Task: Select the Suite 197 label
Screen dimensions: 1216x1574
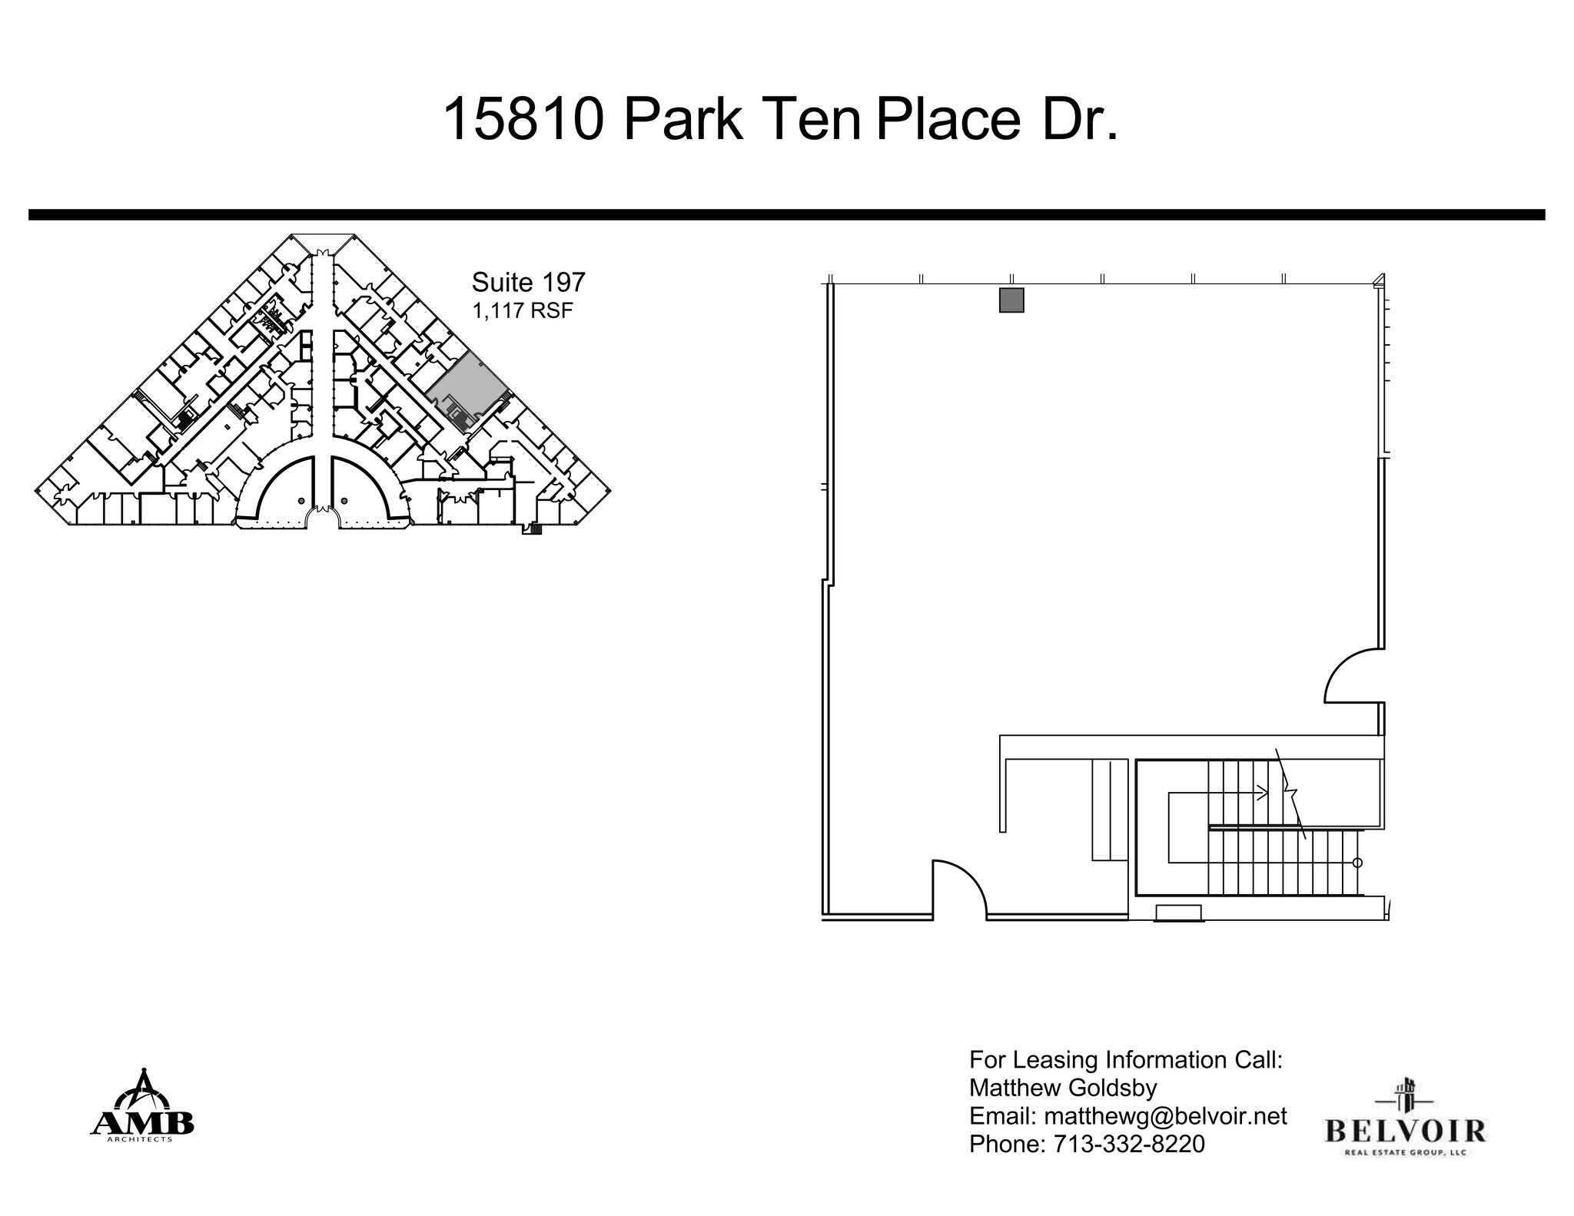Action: (x=528, y=282)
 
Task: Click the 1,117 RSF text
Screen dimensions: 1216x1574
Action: (x=523, y=311)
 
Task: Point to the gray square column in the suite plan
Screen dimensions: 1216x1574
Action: (x=1011, y=300)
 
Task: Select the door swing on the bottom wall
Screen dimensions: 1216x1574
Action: (x=959, y=887)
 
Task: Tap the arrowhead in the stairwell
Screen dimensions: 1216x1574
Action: (x=1262, y=792)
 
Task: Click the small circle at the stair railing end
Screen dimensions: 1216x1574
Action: (x=1357, y=863)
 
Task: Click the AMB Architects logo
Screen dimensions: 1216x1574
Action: (x=143, y=1105)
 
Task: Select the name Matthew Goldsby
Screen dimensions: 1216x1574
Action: (x=1063, y=1088)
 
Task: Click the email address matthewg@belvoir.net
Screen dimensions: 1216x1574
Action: (x=1165, y=1116)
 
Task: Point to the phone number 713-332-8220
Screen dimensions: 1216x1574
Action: (x=1128, y=1144)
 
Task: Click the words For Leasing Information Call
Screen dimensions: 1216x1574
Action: (x=1125, y=1060)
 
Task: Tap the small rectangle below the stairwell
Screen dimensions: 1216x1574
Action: (x=1178, y=913)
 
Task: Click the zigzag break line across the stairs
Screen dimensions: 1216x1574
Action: (x=1291, y=794)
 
